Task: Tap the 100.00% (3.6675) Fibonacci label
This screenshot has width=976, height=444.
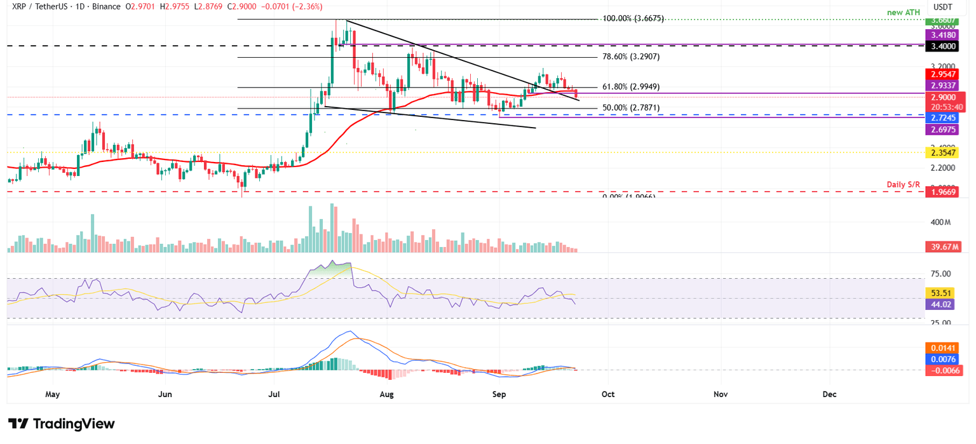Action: [x=633, y=18]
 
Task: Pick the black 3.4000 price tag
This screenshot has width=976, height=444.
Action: [x=945, y=46]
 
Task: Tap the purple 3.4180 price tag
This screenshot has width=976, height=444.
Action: [x=945, y=36]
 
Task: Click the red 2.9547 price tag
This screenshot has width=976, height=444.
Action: [x=945, y=74]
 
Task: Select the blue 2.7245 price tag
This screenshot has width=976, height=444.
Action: [x=945, y=118]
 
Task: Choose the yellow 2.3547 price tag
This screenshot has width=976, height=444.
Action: [x=945, y=152]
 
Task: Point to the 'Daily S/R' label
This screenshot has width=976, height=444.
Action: [x=904, y=184]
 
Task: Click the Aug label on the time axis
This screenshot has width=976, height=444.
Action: [x=386, y=394]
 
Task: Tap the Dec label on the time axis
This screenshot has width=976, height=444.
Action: [x=829, y=394]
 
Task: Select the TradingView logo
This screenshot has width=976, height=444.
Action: [x=62, y=424]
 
